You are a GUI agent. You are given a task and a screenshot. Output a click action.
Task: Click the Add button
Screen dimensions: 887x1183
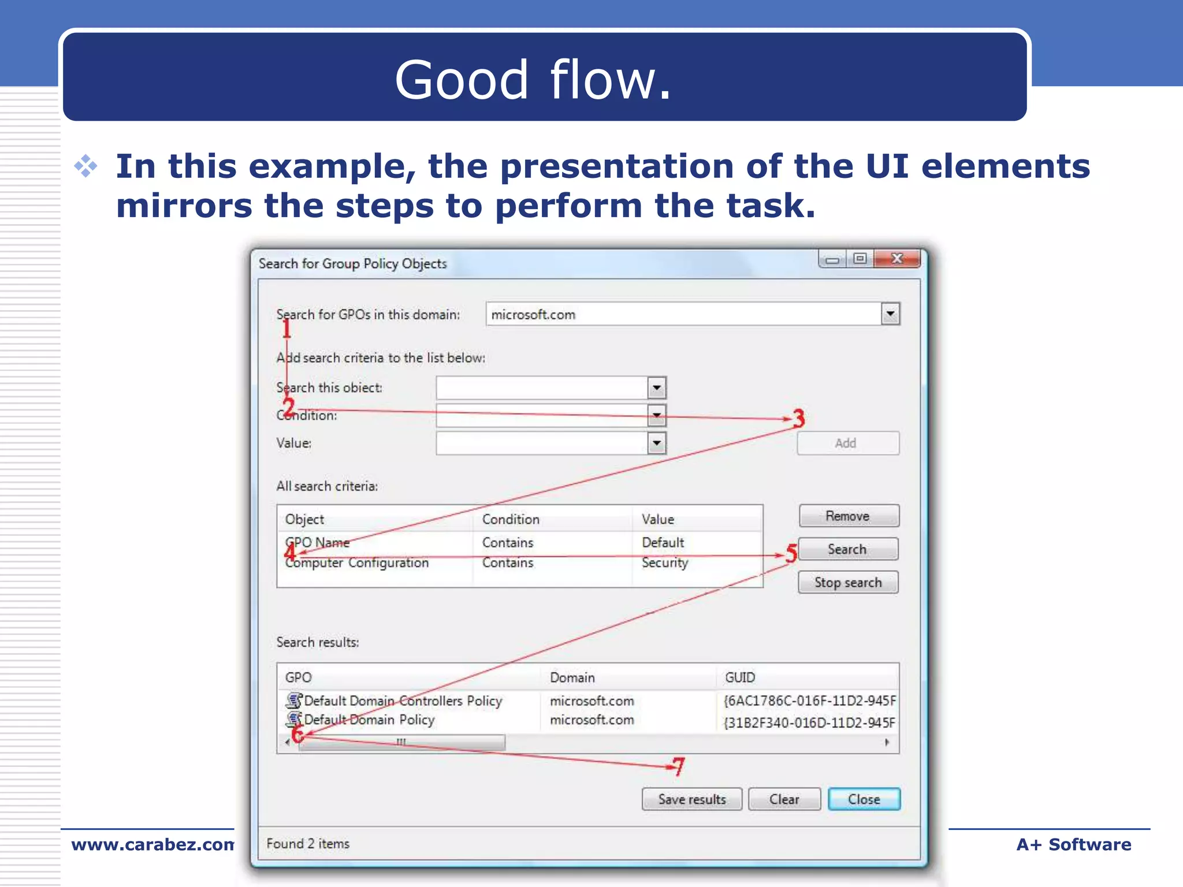tap(847, 443)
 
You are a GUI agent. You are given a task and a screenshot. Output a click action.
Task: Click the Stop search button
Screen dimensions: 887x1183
tap(848, 582)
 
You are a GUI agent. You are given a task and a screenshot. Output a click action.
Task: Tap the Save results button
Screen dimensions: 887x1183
tap(692, 799)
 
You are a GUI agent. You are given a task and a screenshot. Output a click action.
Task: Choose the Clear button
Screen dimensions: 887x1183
tap(784, 799)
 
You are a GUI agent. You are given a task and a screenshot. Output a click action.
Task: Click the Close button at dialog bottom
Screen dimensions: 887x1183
tap(864, 799)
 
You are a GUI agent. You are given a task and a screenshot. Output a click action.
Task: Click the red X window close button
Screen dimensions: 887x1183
tap(896, 259)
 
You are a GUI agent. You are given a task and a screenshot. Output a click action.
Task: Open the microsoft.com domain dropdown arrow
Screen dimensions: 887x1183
tap(890, 314)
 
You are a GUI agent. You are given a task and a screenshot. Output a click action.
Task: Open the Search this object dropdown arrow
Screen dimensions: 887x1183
tap(657, 387)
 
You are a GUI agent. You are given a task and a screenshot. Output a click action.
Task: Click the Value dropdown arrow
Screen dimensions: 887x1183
tap(657, 443)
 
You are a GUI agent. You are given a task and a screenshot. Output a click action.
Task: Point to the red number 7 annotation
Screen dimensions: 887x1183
tap(679, 766)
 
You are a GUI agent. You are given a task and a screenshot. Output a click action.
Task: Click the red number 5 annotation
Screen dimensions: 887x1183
tap(791, 553)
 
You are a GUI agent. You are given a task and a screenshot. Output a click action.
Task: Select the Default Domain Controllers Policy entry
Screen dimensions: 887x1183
tap(403, 701)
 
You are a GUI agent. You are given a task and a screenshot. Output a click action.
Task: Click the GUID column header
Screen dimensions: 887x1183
tap(740, 677)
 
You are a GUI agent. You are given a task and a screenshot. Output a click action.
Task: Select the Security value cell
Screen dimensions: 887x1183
tap(665, 562)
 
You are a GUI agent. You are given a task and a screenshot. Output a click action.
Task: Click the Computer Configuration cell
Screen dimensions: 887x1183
tap(357, 563)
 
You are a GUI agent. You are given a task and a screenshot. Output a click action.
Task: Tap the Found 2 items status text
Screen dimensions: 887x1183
tap(308, 844)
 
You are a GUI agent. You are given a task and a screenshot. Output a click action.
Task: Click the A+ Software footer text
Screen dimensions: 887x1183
tap(1073, 844)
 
